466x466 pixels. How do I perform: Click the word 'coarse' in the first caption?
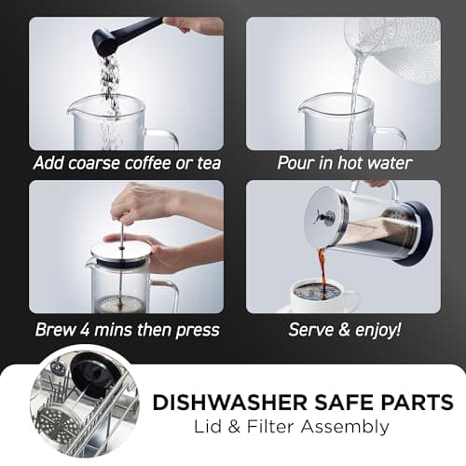click(x=94, y=163)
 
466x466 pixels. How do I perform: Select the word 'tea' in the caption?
click(x=209, y=163)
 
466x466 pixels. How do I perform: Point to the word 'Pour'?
click(x=296, y=163)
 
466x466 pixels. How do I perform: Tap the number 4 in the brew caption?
click(x=85, y=330)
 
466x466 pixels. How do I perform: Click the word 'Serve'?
click(x=311, y=330)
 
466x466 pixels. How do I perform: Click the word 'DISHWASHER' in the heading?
click(x=230, y=403)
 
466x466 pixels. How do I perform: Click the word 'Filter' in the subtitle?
click(x=270, y=427)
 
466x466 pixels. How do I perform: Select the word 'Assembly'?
click(x=345, y=427)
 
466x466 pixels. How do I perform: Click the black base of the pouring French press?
click(x=417, y=234)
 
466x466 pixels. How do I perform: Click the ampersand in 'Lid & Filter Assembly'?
click(x=234, y=427)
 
